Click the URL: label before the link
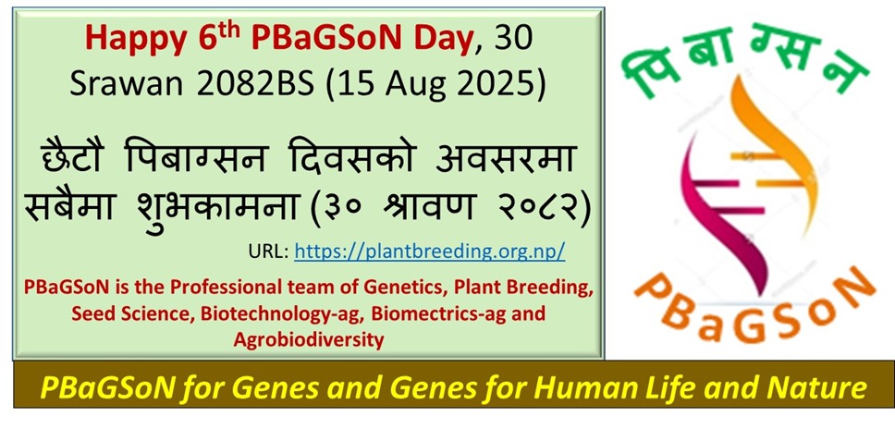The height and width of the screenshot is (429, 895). pyautogui.click(x=269, y=251)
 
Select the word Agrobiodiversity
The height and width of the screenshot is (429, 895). pyautogui.click(x=307, y=339)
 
